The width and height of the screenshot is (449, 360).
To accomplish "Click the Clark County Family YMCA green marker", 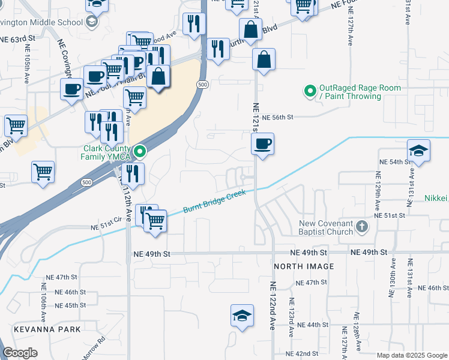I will [139, 151].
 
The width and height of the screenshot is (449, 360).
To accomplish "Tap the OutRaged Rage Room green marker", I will [310, 91].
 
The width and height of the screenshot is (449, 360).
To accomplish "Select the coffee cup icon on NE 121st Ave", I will [262, 144].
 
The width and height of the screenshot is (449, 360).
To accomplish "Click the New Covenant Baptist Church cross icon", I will [361, 227].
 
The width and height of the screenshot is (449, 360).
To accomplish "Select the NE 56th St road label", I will [277, 118].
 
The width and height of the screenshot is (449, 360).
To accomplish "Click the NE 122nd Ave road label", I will [272, 306].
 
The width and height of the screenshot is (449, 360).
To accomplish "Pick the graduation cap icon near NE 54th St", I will [418, 151].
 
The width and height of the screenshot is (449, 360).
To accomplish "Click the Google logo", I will [20, 352].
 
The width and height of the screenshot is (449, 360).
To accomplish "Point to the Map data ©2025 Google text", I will [411, 355].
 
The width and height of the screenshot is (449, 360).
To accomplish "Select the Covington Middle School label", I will [41, 22].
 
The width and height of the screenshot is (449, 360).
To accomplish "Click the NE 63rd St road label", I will [18, 38].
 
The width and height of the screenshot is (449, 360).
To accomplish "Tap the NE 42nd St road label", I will [302, 354].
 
